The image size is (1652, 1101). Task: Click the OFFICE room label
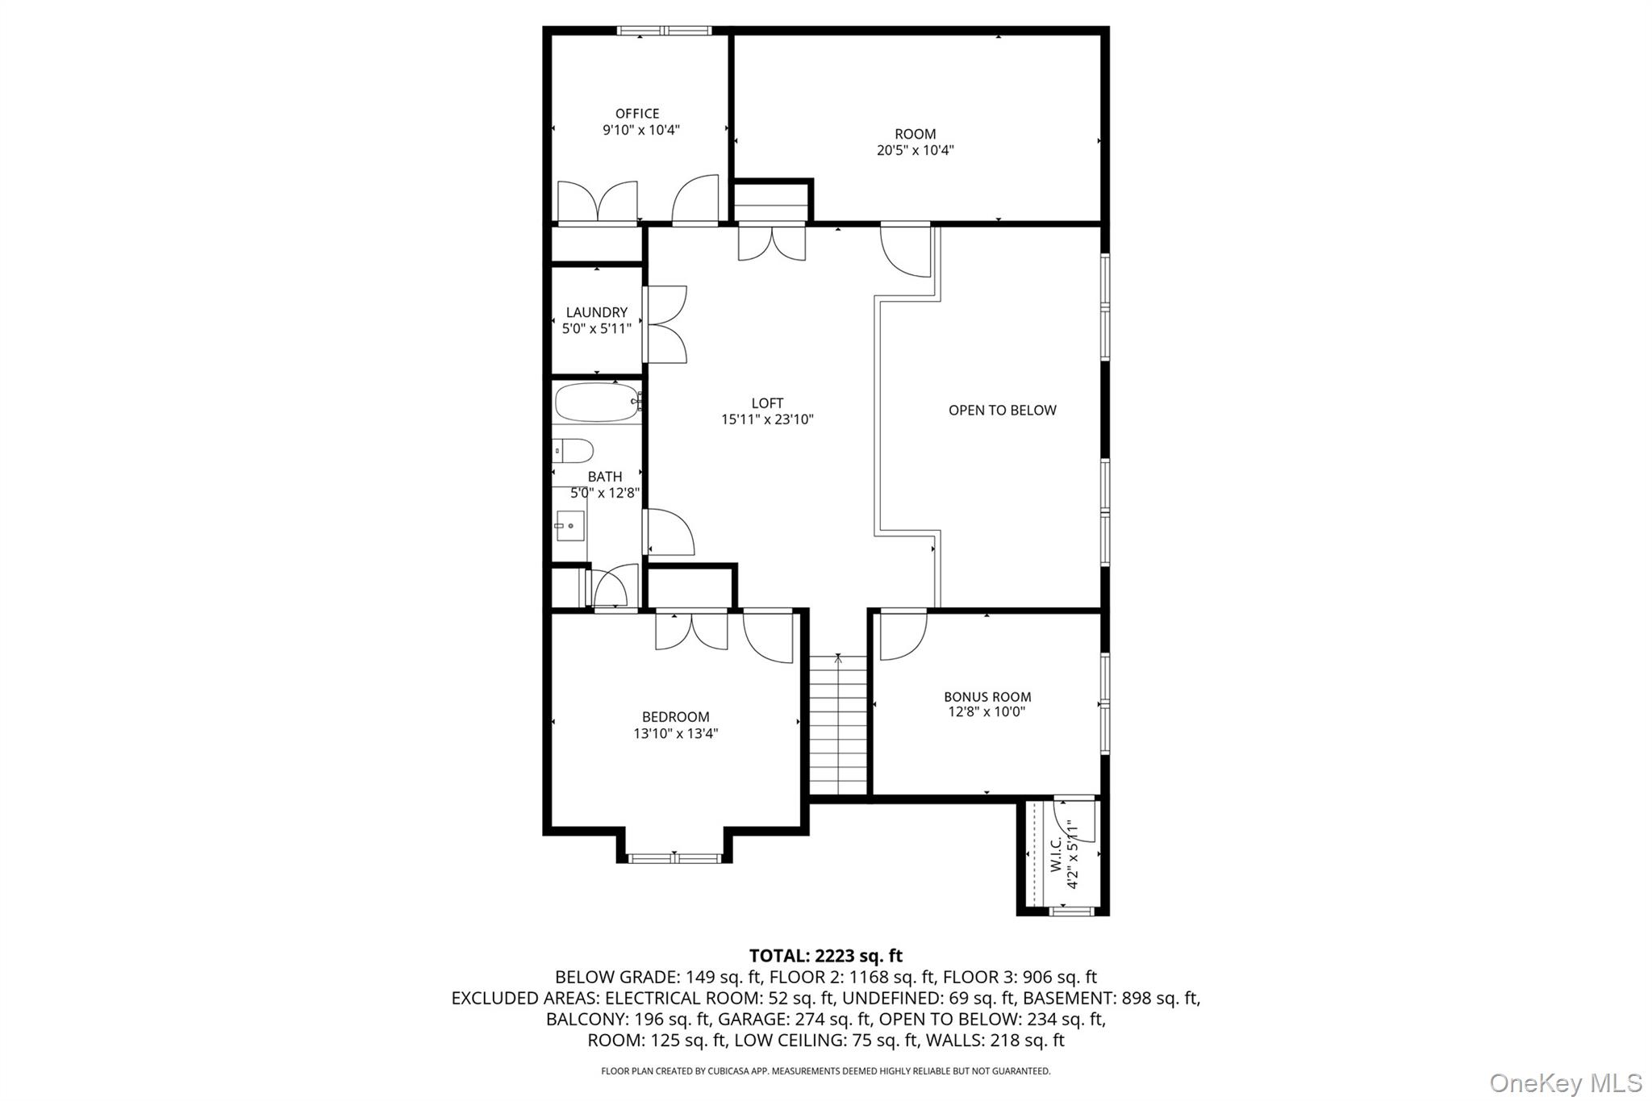click(637, 114)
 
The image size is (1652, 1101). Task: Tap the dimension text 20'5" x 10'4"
click(915, 150)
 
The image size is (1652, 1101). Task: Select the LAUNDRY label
click(596, 312)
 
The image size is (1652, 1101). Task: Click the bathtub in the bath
click(596, 402)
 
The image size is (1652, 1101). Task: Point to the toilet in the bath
click(574, 450)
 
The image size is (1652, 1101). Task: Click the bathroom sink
click(569, 526)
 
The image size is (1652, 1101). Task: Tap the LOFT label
click(767, 403)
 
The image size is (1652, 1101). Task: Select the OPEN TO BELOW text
click(1002, 410)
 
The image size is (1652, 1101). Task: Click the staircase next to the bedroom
click(838, 726)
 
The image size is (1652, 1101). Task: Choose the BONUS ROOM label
click(987, 697)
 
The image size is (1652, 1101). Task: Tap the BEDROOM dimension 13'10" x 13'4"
click(675, 733)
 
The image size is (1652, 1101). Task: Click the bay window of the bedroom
click(674, 857)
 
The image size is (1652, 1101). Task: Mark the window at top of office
click(664, 31)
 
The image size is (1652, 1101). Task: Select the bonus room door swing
click(902, 636)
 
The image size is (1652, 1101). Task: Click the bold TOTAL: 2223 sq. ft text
click(825, 956)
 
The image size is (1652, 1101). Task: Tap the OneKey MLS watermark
click(1565, 1082)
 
